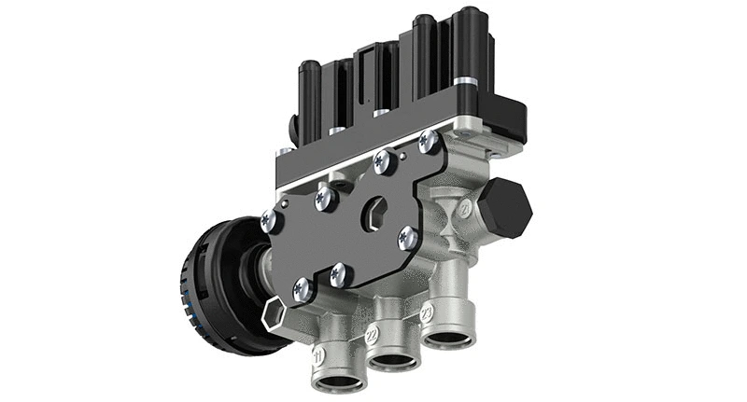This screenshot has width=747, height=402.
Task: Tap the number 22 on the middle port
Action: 372,334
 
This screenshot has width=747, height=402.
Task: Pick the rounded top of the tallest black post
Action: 467,13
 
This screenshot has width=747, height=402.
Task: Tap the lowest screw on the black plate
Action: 302,290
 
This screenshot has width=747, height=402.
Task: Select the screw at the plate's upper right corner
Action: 429,142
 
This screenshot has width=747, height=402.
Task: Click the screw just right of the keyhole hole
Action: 408,238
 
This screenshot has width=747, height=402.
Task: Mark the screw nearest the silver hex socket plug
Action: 302,290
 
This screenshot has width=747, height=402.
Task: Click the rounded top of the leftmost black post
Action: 310,67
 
